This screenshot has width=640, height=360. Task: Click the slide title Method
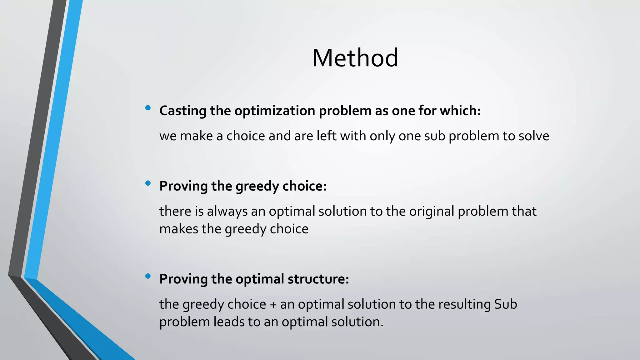pyautogui.click(x=355, y=58)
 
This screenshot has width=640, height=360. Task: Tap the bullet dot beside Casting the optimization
pyautogui.click(x=148, y=108)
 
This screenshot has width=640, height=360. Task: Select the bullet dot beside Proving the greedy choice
pyautogui.click(x=148, y=183)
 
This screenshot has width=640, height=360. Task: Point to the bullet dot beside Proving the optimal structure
pyautogui.click(x=148, y=276)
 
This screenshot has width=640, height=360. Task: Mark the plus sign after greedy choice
pyautogui.click(x=273, y=304)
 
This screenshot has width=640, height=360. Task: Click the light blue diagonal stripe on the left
pyautogui.click(x=53, y=141)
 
